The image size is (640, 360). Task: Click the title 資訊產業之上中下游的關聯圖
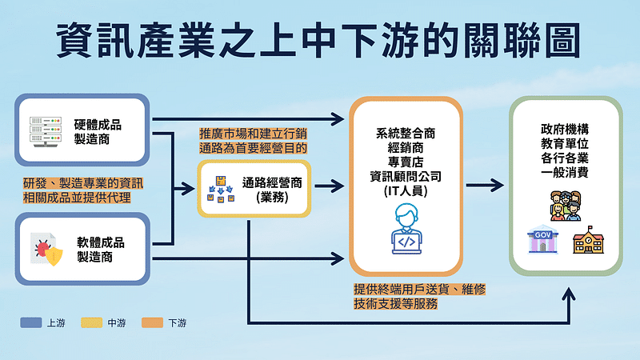point(320,40)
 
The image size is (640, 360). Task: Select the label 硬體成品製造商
point(100,130)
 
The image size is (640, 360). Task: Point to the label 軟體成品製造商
point(100,249)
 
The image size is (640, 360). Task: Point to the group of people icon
point(566,205)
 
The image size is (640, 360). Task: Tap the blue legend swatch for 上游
point(31,323)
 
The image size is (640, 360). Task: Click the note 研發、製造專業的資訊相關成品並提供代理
point(77,190)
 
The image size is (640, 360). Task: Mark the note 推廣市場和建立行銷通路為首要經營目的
point(254,141)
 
